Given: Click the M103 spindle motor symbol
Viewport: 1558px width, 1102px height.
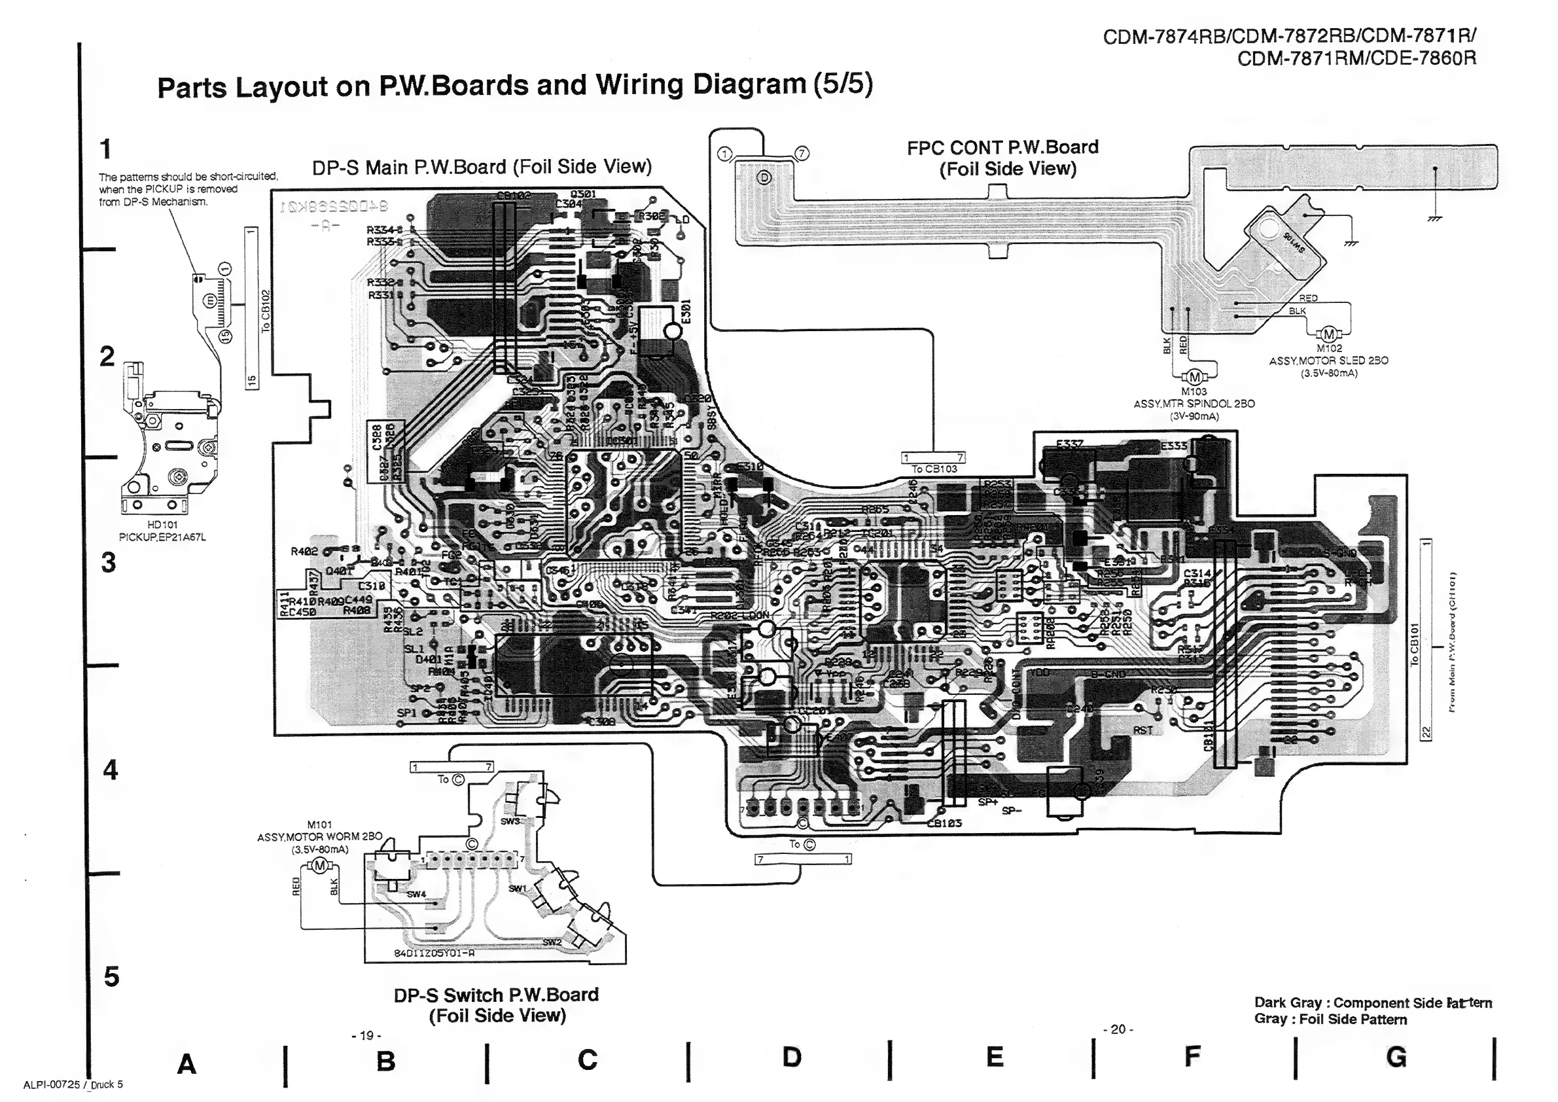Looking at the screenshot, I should click(x=1195, y=378).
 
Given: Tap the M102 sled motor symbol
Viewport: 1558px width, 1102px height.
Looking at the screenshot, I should click(x=1328, y=334).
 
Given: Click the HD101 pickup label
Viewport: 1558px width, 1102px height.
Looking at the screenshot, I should click(x=162, y=525).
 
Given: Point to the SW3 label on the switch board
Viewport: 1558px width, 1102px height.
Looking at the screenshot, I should click(x=510, y=821).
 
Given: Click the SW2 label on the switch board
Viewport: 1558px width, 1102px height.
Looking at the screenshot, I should click(x=552, y=942).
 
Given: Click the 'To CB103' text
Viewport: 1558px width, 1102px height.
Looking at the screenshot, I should click(x=934, y=469).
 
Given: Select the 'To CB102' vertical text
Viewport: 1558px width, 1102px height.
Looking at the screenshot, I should click(x=265, y=310).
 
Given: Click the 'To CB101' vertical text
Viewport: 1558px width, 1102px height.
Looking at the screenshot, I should click(x=1414, y=644).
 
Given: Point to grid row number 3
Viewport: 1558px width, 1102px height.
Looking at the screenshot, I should click(x=108, y=563).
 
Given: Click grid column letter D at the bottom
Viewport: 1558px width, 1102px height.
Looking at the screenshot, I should click(x=791, y=1057).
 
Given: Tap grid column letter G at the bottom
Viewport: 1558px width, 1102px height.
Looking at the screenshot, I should click(x=1396, y=1057).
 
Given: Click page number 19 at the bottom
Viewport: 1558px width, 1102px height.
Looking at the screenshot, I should click(x=366, y=1035).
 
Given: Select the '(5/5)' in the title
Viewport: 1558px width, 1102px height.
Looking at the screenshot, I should click(x=840, y=84).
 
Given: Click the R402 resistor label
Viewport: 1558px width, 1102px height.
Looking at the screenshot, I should click(x=304, y=551).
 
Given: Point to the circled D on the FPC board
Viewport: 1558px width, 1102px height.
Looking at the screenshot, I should click(x=764, y=178).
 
